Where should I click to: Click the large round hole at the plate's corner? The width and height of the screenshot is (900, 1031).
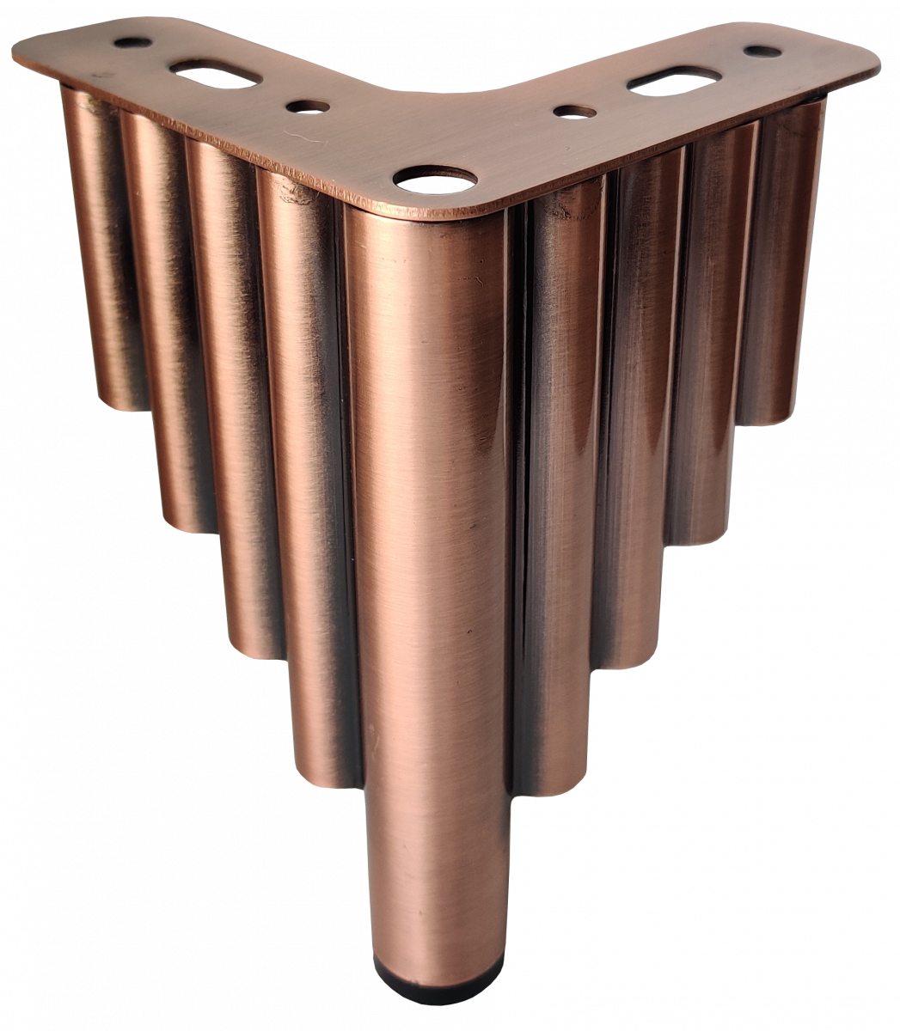[435, 180]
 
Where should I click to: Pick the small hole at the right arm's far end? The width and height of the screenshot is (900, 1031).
[762, 52]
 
